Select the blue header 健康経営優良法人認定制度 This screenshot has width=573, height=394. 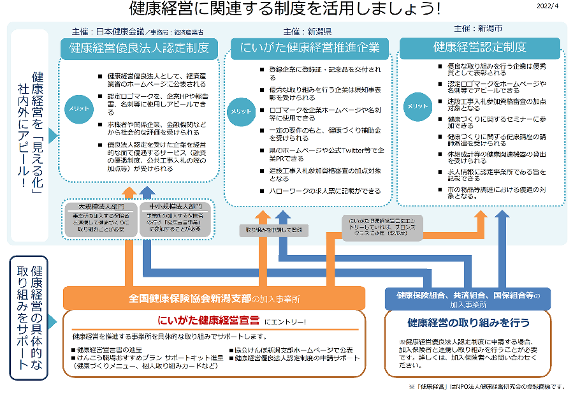point(139,47)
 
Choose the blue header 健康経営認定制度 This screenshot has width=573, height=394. point(480,47)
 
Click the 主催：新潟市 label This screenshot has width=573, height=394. point(477,29)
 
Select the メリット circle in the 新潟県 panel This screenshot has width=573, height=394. point(242,110)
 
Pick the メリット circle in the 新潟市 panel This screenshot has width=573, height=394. point(417,106)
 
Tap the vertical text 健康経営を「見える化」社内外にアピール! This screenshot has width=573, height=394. point(31,128)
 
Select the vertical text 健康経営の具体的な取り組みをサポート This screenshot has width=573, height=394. point(29,317)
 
